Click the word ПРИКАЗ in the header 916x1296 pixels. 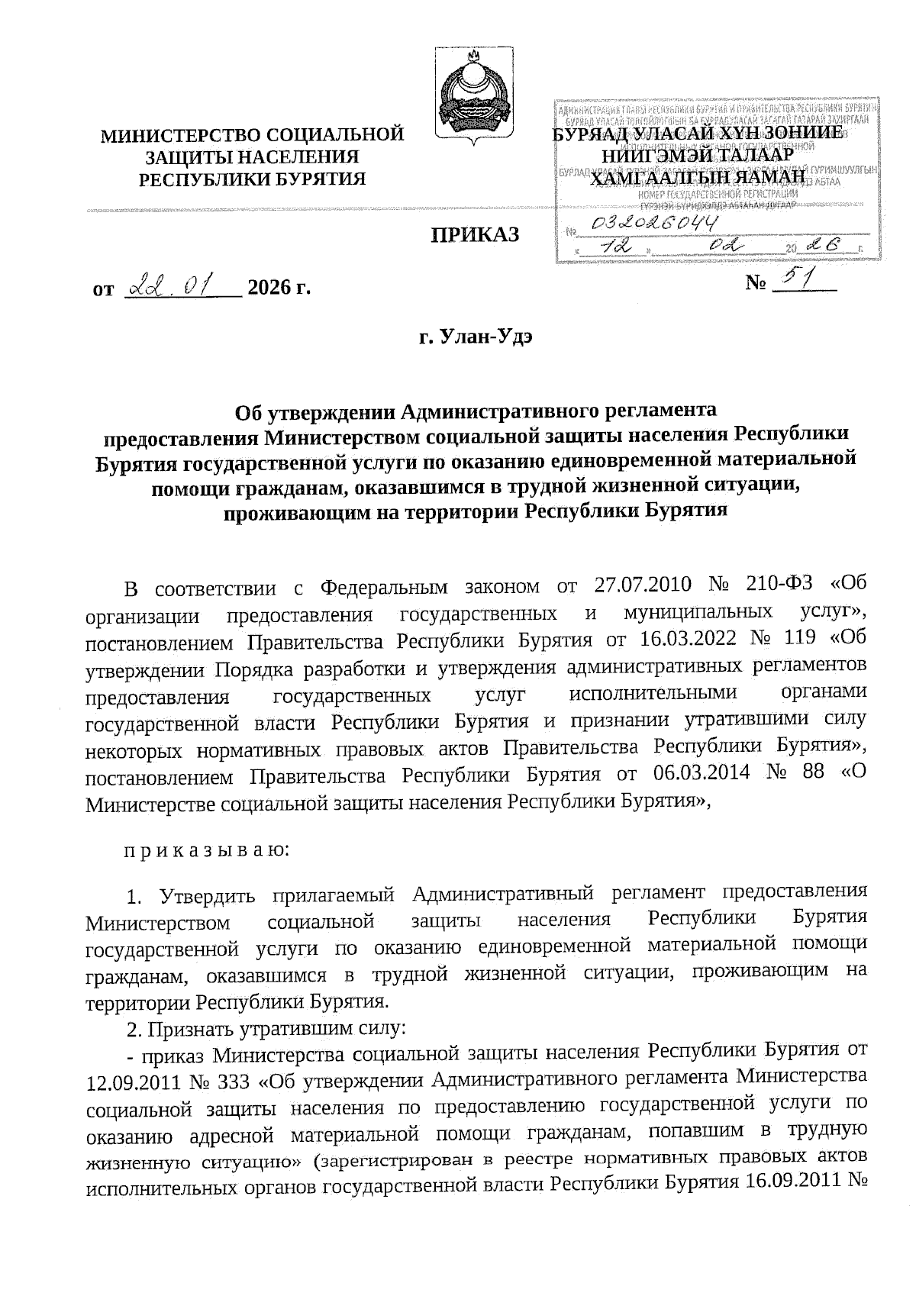[476, 234]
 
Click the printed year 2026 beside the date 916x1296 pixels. [269, 289]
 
